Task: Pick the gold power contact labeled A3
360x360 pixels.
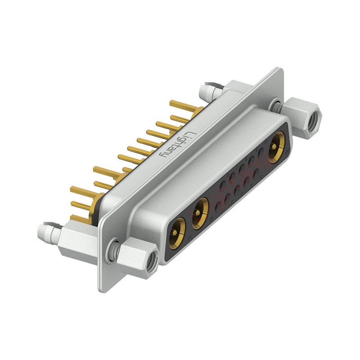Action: (x=275, y=148)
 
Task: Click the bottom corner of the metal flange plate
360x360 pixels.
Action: (x=103, y=288)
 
